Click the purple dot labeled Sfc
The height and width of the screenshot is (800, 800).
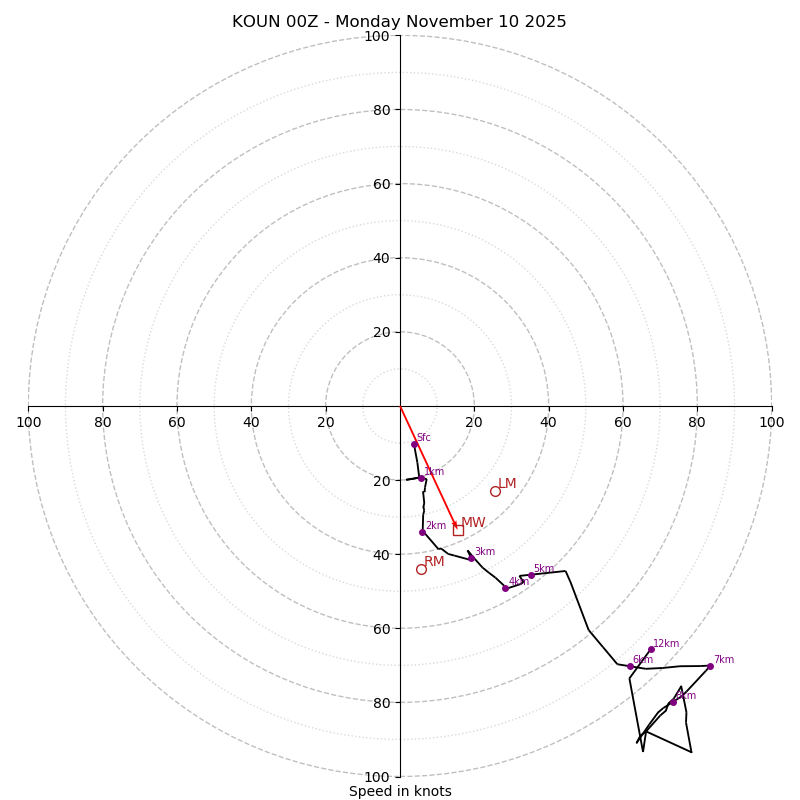coord(414,444)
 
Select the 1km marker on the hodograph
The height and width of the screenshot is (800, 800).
coord(421,478)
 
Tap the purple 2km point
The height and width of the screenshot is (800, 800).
coord(422,532)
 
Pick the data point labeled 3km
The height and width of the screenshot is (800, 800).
coord(471,558)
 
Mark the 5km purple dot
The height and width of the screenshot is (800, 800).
coord(531,575)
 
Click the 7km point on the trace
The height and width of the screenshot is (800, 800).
coord(710,666)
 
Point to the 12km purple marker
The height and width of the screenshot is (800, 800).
coord(651,649)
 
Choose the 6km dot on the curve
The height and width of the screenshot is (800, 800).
coord(630,666)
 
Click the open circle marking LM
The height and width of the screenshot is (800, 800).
coord(495,491)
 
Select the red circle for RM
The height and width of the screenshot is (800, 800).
coord(421,569)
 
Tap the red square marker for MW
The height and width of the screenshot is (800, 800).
coord(458,530)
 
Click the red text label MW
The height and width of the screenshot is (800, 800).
coord(473,523)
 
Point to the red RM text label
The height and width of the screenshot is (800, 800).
coord(434,562)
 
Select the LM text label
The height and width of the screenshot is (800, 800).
coord(507,484)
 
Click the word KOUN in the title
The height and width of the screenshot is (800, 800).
coord(255,22)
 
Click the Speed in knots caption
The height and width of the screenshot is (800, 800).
coord(400,792)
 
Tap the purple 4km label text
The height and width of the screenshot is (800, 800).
coord(518,582)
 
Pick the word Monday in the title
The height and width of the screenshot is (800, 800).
coord(379,22)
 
